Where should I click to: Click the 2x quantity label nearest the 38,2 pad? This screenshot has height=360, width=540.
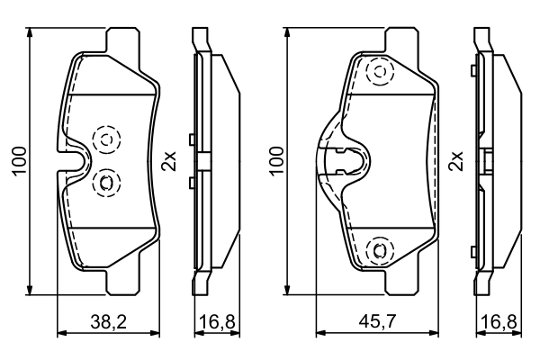click(x=168, y=160)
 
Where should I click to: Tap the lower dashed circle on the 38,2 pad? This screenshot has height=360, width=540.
click(x=105, y=182)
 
